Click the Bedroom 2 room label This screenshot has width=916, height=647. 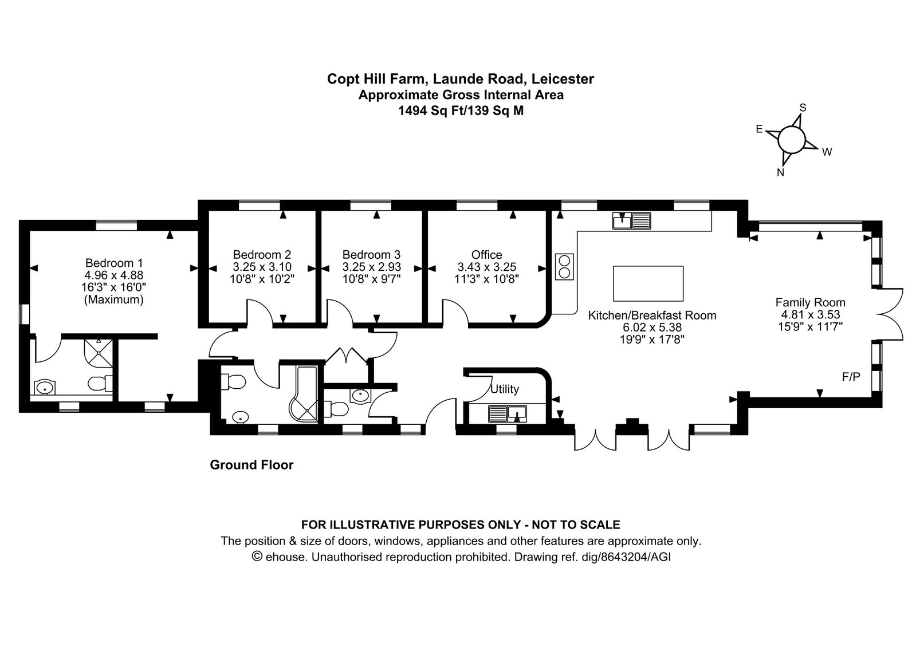click(x=262, y=255)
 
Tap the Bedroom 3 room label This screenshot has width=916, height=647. click(x=371, y=255)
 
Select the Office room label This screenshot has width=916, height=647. click(x=486, y=255)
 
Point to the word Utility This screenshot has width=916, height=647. click(x=505, y=389)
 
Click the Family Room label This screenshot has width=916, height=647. click(x=811, y=302)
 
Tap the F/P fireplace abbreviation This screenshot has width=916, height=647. click(x=851, y=376)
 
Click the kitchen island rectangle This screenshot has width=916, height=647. click(x=648, y=283)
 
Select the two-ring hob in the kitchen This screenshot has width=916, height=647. click(x=564, y=267)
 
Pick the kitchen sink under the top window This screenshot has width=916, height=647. click(x=632, y=220)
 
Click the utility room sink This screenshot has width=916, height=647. click(x=508, y=413)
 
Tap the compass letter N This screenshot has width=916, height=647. click(x=780, y=172)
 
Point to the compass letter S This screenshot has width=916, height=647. click(x=803, y=108)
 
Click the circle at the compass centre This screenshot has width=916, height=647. click(x=791, y=139)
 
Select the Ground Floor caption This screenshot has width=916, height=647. click(x=251, y=465)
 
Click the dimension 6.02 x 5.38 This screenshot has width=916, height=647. click(x=652, y=328)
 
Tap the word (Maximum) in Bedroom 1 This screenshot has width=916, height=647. click(x=114, y=299)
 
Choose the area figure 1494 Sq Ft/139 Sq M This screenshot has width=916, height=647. click(x=461, y=111)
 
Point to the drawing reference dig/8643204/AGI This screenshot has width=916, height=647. click(x=626, y=557)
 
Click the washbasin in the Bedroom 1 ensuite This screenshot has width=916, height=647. click(x=44, y=387)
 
